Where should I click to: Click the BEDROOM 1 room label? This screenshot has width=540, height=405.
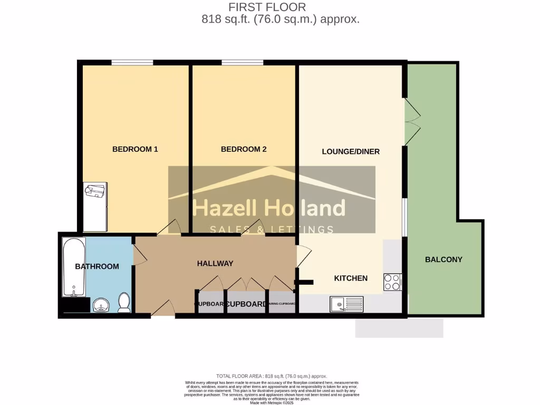[135, 149]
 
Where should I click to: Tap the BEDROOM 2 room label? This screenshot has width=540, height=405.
[243, 149]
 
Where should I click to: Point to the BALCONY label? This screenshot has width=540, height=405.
[443, 259]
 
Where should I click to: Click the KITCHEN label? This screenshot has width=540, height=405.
[351, 278]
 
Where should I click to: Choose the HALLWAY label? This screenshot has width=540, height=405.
[215, 263]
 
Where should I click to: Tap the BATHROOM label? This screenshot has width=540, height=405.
[97, 266]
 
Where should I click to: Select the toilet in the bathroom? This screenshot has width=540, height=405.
[124, 303]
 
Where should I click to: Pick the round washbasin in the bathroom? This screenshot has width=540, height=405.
[101, 305]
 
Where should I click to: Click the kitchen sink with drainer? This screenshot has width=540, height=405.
[346, 304]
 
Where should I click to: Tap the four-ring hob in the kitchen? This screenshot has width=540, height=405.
[392, 282]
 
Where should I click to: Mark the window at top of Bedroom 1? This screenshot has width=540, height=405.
[132, 62]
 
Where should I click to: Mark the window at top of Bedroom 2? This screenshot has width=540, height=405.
[243, 62]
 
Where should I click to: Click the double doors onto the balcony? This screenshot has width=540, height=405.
[412, 122]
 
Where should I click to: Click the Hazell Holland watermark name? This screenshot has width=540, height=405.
[269, 209]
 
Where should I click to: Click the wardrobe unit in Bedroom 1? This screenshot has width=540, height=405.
[95, 207]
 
